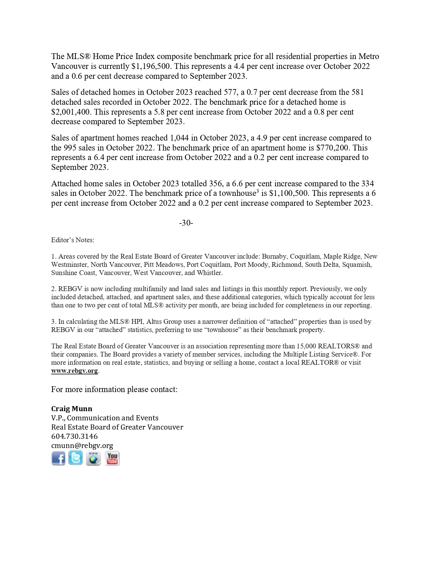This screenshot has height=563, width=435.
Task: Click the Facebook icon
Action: click(x=58, y=458)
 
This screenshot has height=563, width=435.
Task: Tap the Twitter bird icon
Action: click(x=75, y=458)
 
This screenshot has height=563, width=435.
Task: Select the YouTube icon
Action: click(x=112, y=458)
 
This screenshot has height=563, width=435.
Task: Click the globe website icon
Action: click(x=93, y=458)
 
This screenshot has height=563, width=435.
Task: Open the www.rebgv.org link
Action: click(x=74, y=371)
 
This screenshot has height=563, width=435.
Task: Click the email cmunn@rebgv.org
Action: click(x=82, y=445)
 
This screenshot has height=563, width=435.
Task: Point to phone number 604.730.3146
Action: click(x=74, y=436)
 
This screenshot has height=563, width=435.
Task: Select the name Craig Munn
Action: click(x=72, y=408)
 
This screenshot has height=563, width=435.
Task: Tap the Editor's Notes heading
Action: click(x=73, y=240)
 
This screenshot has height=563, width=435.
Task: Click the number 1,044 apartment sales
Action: click(x=179, y=138)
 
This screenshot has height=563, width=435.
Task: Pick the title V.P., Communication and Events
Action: click(x=105, y=418)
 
